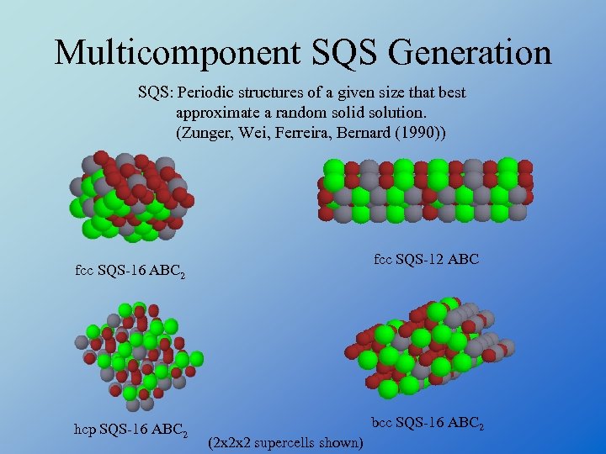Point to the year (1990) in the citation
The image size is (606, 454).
click(x=421, y=133)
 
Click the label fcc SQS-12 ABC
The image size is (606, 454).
click(x=426, y=260)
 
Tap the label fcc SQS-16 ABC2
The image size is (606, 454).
click(x=130, y=272)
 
